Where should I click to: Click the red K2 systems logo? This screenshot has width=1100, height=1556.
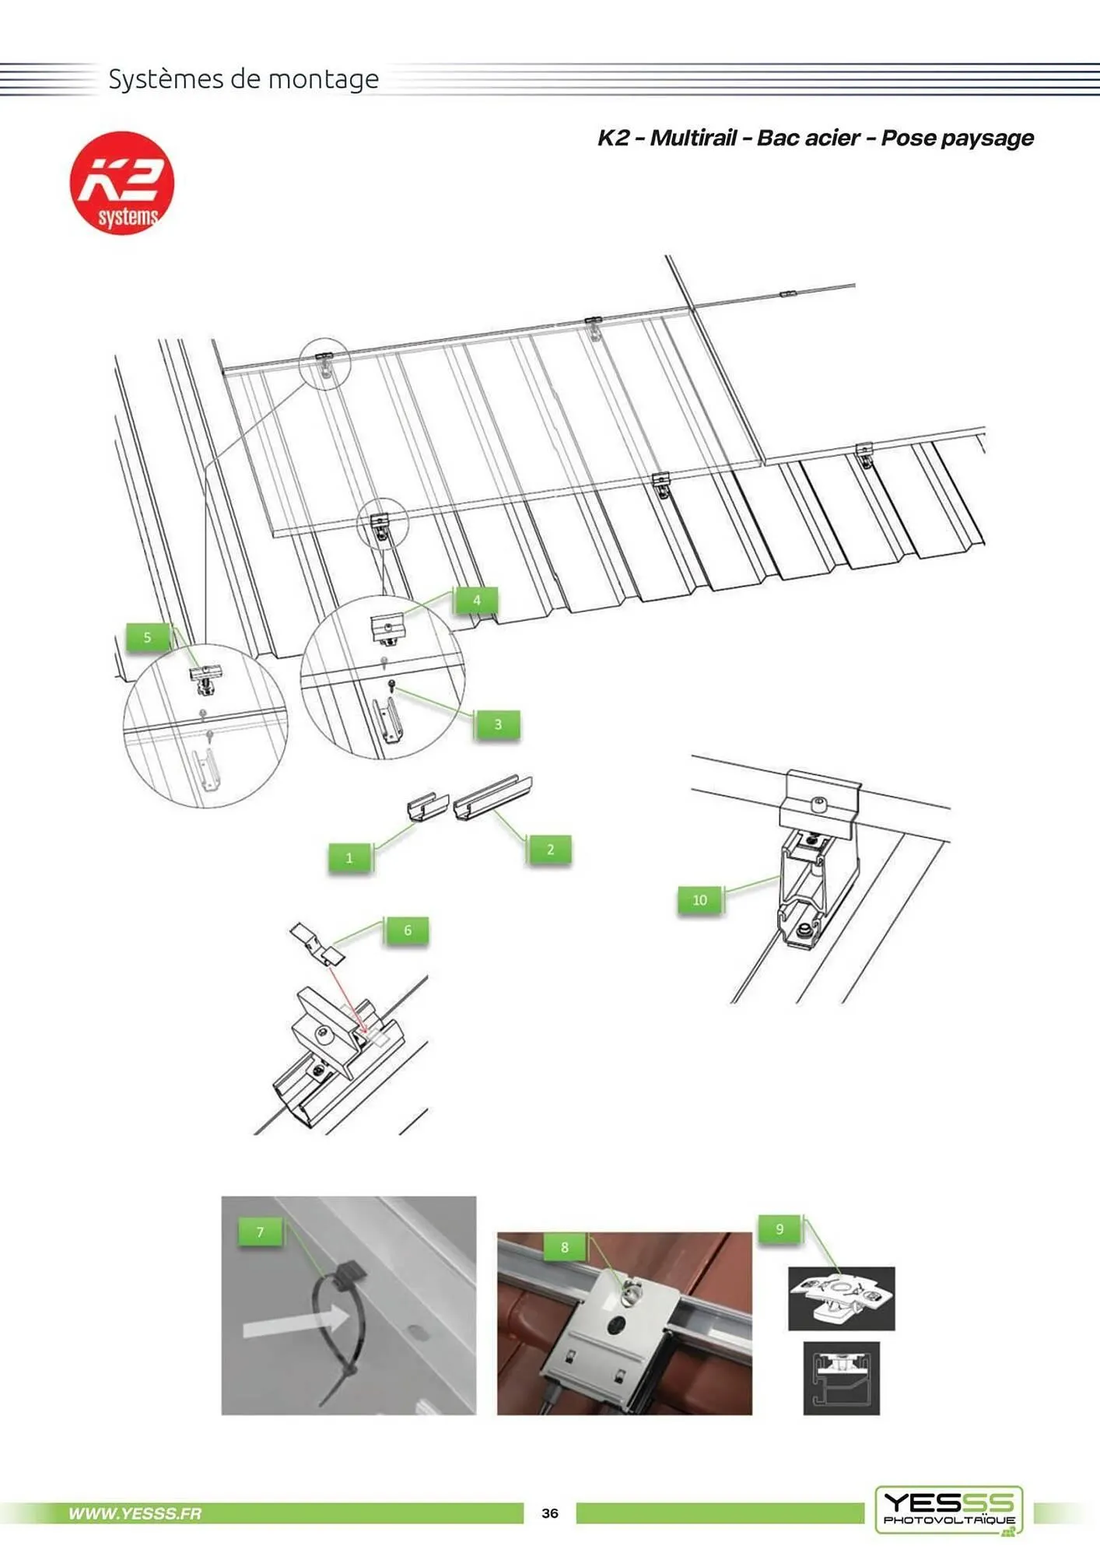click(122, 183)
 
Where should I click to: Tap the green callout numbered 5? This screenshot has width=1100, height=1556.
click(147, 637)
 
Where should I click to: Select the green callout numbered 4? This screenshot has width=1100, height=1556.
click(477, 600)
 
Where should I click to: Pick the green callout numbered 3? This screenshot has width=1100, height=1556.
click(498, 724)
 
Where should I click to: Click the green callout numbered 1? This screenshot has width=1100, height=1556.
click(349, 857)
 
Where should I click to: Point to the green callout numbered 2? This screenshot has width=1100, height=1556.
click(550, 849)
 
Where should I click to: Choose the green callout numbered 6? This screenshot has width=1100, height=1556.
click(407, 930)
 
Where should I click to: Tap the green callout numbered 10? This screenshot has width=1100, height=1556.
click(699, 899)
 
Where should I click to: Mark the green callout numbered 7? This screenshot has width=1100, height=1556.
click(260, 1232)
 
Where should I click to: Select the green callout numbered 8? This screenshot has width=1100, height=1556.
click(565, 1247)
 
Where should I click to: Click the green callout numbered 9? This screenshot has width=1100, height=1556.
click(779, 1229)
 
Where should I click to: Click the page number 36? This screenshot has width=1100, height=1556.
click(550, 1513)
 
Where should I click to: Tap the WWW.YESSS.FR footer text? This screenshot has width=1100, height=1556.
click(135, 1513)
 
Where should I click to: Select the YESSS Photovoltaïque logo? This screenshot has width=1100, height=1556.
click(949, 1510)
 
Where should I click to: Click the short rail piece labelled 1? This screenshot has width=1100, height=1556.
click(428, 805)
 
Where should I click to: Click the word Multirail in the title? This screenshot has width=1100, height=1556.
click(693, 138)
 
